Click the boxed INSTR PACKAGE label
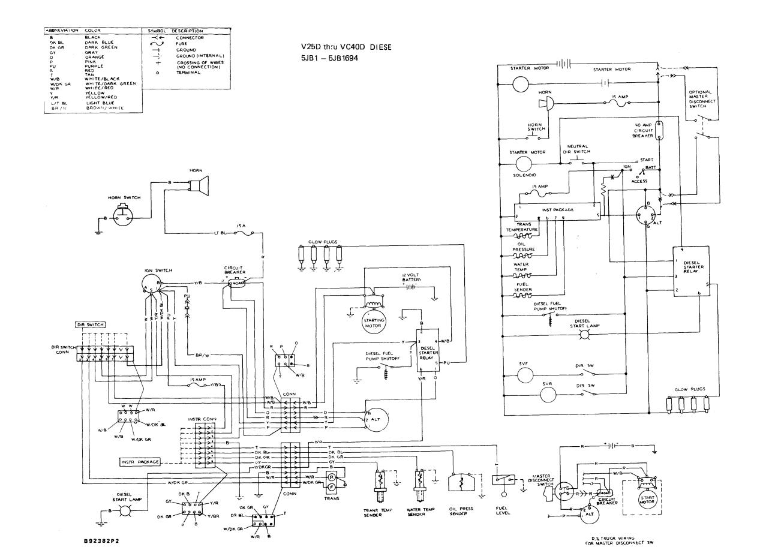[140, 462]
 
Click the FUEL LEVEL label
[503, 513]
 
